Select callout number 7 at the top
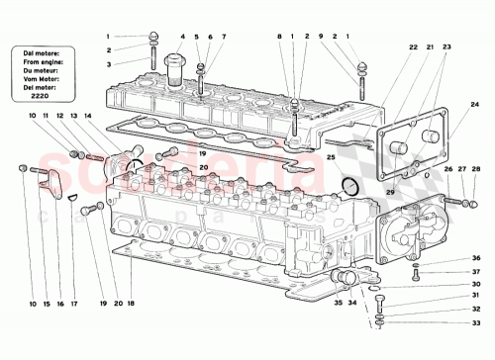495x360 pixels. click(x=223, y=37)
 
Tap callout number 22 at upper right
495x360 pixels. click(x=412, y=47)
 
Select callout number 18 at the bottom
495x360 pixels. click(x=129, y=304)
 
